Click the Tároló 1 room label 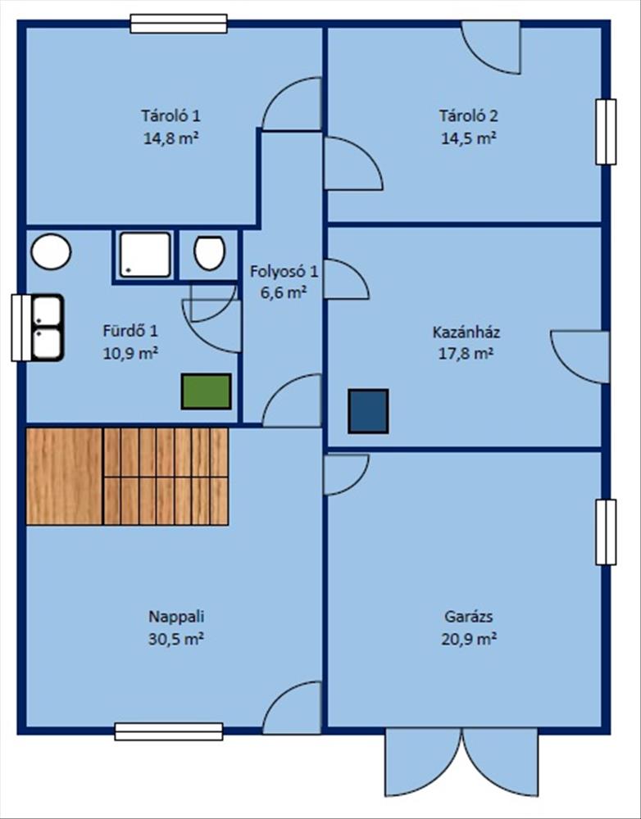click(x=170, y=115)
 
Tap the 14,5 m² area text click(x=469, y=138)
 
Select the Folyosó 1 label click(x=284, y=272)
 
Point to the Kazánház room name click(x=466, y=333)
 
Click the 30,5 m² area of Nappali click(x=175, y=640)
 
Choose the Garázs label click(x=469, y=617)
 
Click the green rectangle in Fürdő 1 click(x=206, y=391)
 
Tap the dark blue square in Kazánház click(x=368, y=411)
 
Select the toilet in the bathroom click(x=209, y=253)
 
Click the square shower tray click(x=145, y=255)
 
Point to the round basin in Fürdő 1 click(x=52, y=251)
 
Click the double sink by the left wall click(x=47, y=328)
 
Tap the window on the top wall click(x=179, y=24)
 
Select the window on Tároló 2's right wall click(x=606, y=132)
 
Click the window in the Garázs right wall click(x=606, y=532)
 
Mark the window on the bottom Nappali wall click(x=169, y=731)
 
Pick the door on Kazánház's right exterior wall click(x=580, y=357)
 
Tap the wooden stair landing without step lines click(x=64, y=477)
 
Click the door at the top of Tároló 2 click(x=490, y=47)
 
